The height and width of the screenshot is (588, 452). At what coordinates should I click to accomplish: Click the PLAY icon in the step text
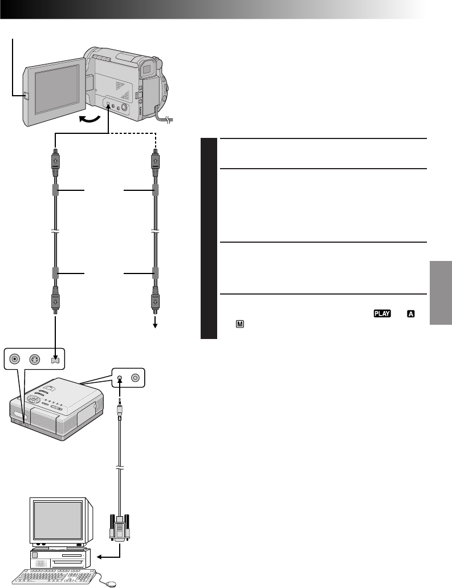click(x=381, y=313)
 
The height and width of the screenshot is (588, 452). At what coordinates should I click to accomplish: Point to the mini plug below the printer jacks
click(x=120, y=406)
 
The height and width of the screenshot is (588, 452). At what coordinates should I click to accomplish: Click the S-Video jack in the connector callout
click(x=35, y=360)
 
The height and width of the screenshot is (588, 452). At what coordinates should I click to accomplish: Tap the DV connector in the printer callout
click(x=55, y=360)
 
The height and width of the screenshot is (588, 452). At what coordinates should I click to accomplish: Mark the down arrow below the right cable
click(x=154, y=324)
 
